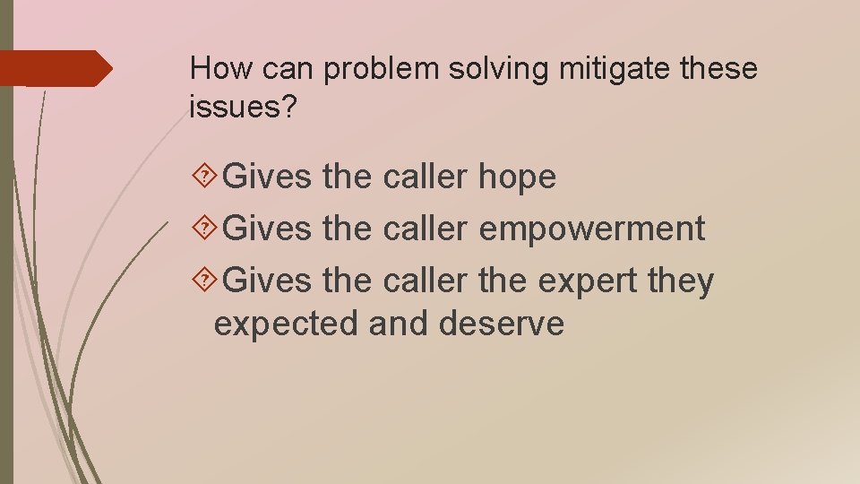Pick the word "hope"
tap(517, 177)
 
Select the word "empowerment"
tap(592, 229)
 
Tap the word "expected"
tap(286, 324)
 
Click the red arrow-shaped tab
tap(56, 68)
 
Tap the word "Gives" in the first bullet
tap(266, 177)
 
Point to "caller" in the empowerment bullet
tap(425, 229)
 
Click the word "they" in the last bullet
tap(682, 281)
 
